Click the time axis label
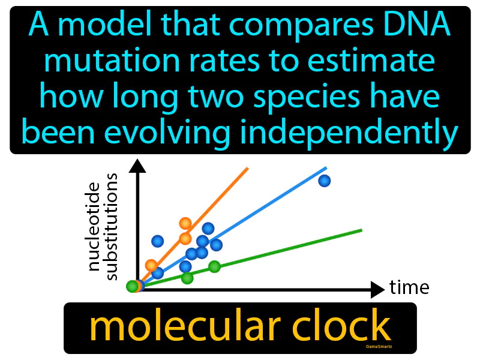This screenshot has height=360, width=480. click(409, 287)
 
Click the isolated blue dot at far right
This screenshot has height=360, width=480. click(324, 181)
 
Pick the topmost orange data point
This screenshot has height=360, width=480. click(185, 224)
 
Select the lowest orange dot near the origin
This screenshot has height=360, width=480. click(151, 265)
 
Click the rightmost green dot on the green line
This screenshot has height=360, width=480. click(214, 267)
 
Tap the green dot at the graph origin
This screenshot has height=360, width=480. click(132, 286)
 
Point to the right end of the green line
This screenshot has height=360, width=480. click(361, 229)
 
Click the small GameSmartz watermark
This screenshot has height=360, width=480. click(378, 346)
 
